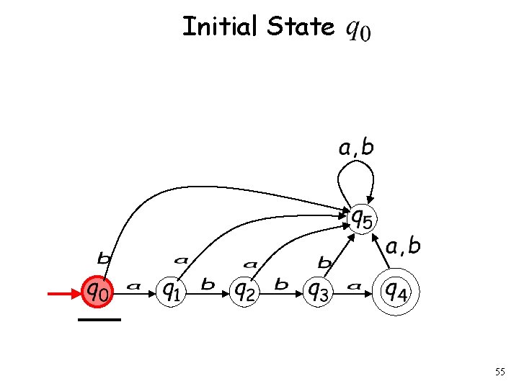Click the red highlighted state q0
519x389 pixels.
coord(99,291)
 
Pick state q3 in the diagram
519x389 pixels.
coord(317,291)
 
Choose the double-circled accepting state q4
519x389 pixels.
coord(394,291)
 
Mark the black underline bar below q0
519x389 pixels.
coord(99,318)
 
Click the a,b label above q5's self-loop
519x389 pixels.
coord(357,148)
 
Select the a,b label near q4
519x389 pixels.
coord(404,247)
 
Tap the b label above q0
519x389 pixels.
coord(104,257)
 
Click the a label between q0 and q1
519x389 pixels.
coord(133,286)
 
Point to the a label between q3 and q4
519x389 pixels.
coord(354,286)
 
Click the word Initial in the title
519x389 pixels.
coord(221,27)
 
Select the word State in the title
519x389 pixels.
coord(300,27)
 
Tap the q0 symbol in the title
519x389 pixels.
coord(359,30)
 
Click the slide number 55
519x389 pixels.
coord(500,372)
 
